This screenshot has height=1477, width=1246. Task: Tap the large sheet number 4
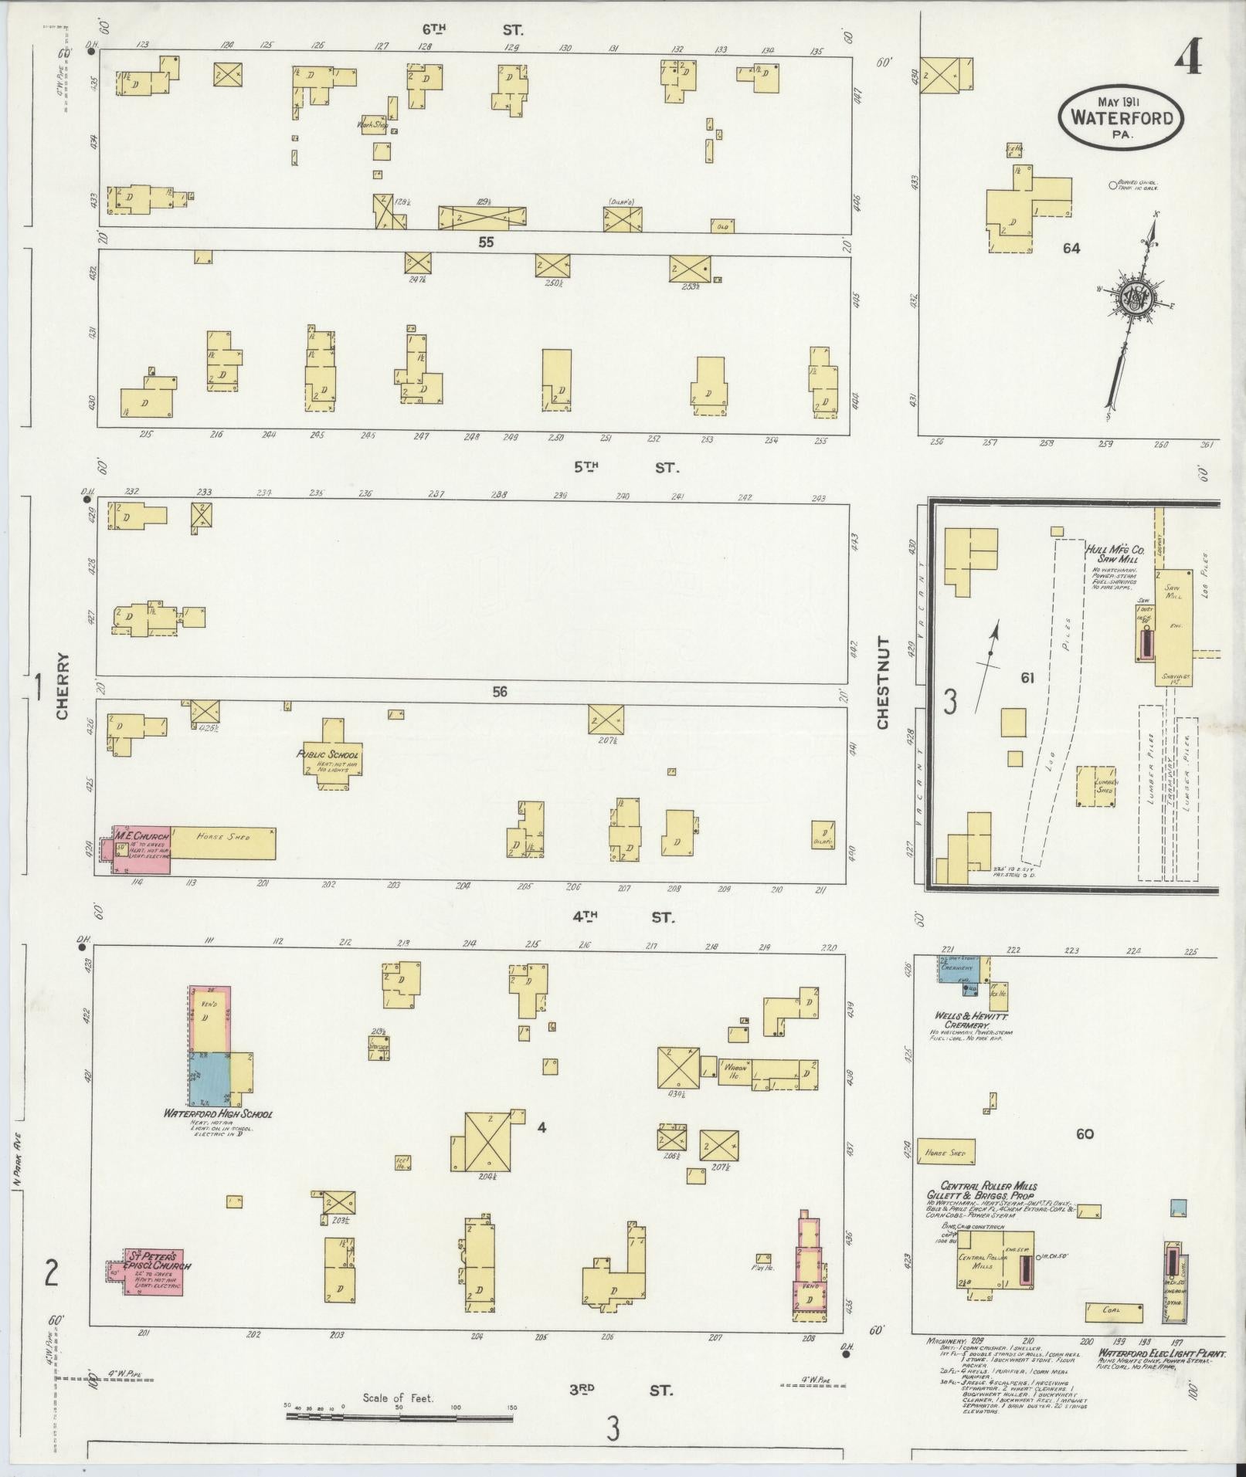tap(1188, 58)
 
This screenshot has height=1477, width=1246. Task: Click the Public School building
tap(333, 753)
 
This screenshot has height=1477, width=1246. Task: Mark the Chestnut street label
tap(884, 683)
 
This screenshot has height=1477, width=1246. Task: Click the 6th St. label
tap(472, 30)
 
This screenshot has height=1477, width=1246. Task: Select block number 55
tap(485, 242)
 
